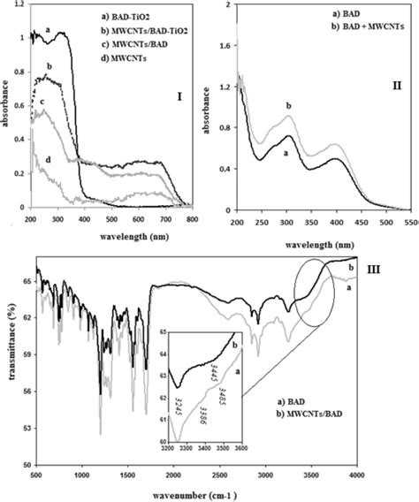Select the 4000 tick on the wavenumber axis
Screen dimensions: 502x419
[403, 475]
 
